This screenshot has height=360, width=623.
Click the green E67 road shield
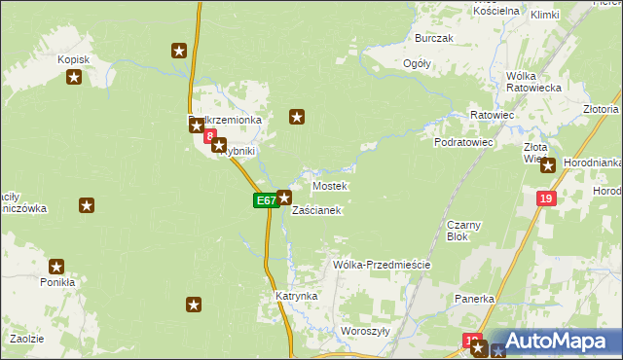point(265,200)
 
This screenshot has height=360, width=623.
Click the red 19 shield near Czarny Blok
point(545,198)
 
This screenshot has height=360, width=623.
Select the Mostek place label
point(329,186)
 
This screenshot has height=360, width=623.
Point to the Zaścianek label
point(316,211)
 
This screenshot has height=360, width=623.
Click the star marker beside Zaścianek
point(284,198)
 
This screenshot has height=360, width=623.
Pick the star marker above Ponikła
point(56,266)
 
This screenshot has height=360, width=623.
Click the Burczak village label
point(434,38)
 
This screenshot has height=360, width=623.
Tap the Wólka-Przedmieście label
point(382,265)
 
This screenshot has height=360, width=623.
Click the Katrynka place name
point(296,295)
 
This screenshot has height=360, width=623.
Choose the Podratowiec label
point(464,142)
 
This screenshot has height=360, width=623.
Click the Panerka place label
point(475,299)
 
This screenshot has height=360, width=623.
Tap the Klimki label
point(545,15)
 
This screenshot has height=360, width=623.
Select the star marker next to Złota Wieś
point(548,165)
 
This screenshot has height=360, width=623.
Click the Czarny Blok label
point(463,231)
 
